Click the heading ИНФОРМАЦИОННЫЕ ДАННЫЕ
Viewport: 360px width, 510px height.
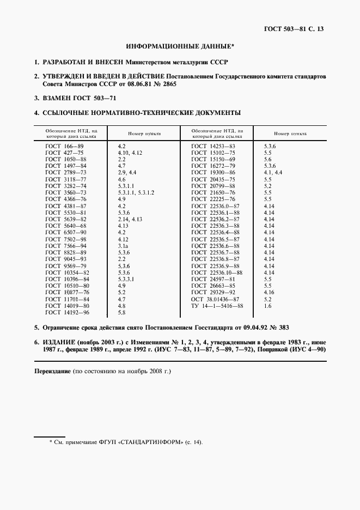179,47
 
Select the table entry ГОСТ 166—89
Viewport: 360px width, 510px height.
64,147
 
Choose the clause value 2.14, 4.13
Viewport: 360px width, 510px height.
130,218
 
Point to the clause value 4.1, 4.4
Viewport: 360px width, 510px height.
273,172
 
